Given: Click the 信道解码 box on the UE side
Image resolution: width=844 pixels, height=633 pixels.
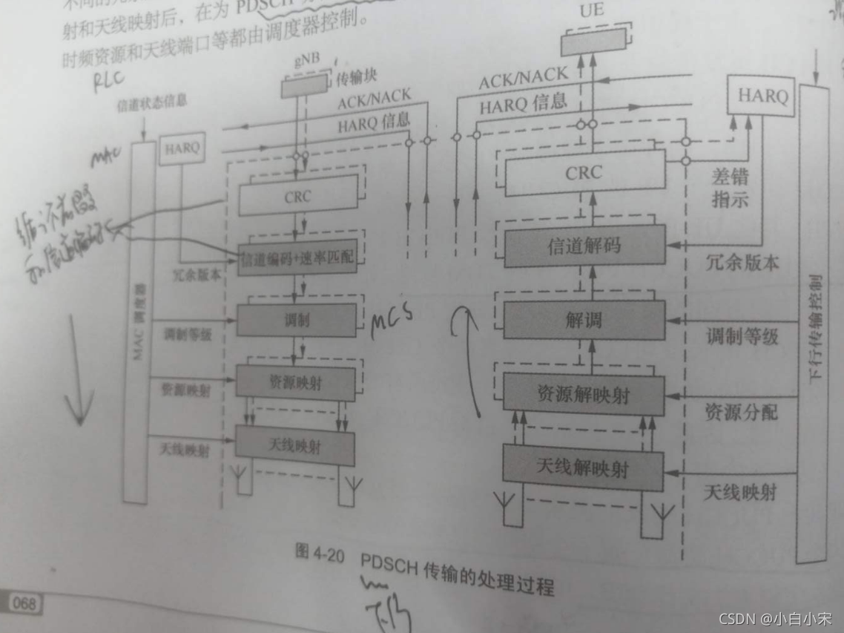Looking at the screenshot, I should click(x=584, y=246).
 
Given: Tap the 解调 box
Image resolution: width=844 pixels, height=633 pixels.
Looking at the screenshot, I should click(x=584, y=321).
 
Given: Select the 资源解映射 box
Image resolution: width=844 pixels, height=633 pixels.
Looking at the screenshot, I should click(x=584, y=393).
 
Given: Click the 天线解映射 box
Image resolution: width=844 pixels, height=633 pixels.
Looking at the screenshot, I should click(x=583, y=468).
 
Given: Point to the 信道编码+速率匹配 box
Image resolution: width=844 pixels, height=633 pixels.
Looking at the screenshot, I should click(x=297, y=258).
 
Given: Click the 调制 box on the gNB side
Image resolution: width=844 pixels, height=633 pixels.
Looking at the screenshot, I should click(x=296, y=320).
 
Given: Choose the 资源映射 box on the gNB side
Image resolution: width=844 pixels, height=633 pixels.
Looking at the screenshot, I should click(x=295, y=382).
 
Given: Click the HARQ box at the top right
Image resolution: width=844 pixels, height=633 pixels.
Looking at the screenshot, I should click(x=762, y=96).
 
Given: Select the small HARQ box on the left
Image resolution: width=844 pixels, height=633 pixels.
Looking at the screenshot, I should click(x=181, y=148).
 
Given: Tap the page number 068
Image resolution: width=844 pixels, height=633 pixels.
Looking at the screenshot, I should click(x=25, y=602).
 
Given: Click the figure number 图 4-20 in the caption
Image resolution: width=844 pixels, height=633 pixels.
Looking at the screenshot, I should click(x=320, y=553).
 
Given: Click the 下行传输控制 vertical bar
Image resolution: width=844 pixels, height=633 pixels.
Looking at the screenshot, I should click(x=813, y=323).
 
